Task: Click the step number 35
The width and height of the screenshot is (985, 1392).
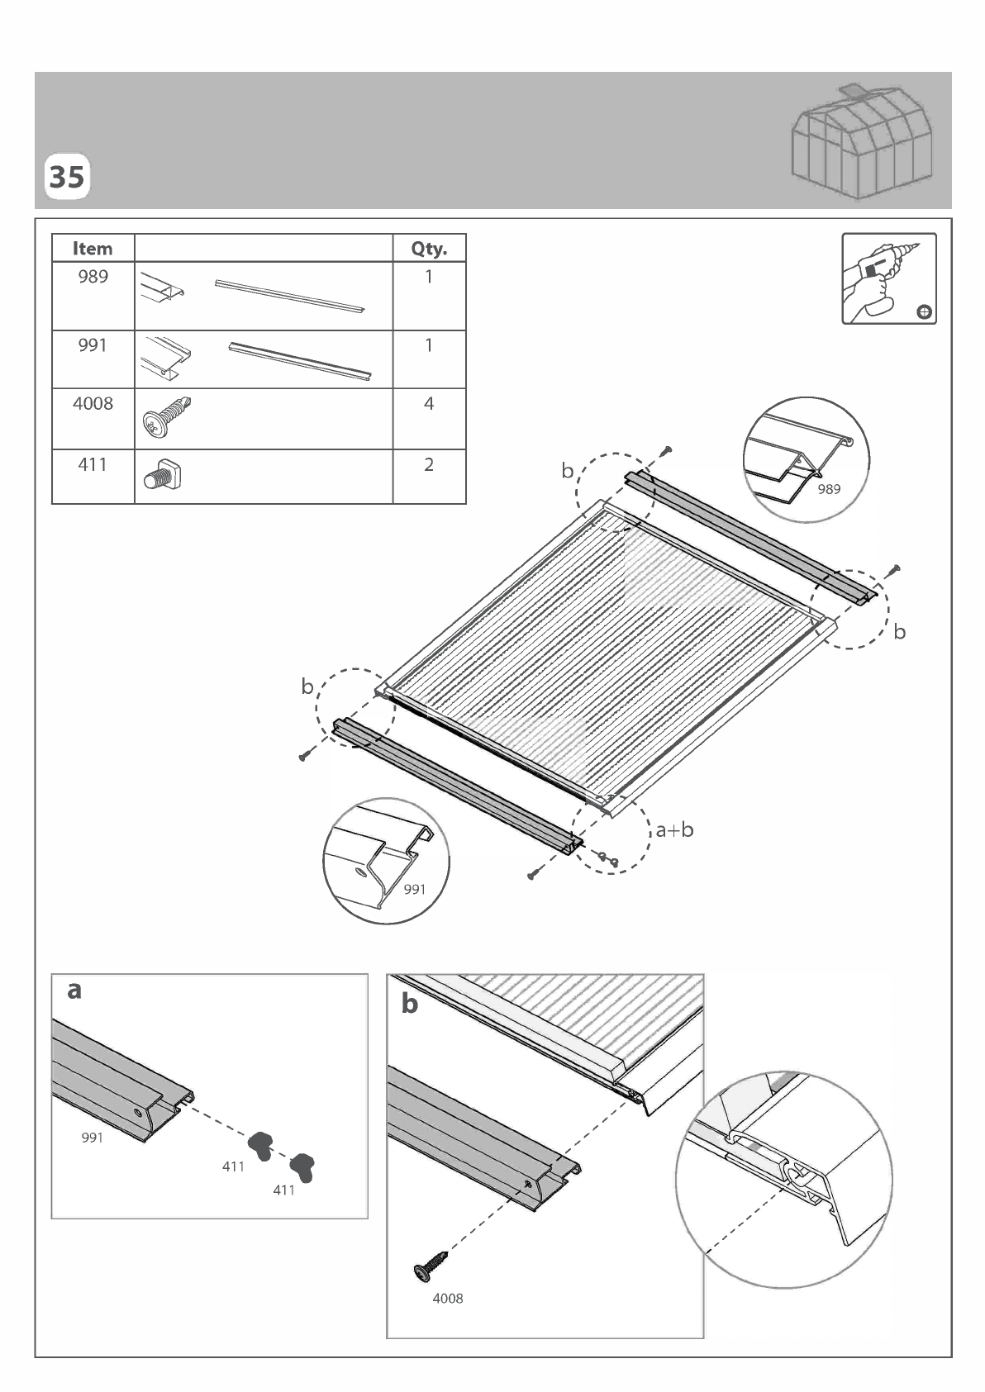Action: click(66, 177)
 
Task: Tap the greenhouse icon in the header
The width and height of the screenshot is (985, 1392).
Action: click(862, 142)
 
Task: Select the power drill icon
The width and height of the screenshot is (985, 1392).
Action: click(888, 278)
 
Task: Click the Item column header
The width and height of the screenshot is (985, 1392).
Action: click(93, 249)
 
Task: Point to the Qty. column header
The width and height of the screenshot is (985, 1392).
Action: click(429, 249)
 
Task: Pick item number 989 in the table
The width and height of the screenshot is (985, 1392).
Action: click(93, 277)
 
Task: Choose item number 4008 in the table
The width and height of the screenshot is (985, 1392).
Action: click(93, 404)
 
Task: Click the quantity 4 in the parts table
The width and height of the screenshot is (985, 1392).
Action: click(429, 404)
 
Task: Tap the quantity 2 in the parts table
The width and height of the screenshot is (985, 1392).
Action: click(429, 465)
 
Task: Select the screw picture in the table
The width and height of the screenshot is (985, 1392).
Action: click(167, 417)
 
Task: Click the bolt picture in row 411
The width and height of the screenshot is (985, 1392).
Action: click(163, 475)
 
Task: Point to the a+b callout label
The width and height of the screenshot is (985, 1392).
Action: click(674, 829)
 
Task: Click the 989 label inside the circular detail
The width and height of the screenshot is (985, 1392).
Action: click(829, 490)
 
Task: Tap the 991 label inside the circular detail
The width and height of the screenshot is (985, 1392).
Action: click(415, 890)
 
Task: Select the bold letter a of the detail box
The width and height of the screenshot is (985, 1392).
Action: click(74, 991)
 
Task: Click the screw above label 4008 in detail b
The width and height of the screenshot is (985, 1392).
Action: click(430, 1266)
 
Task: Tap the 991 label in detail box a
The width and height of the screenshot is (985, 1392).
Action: click(92, 1138)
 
